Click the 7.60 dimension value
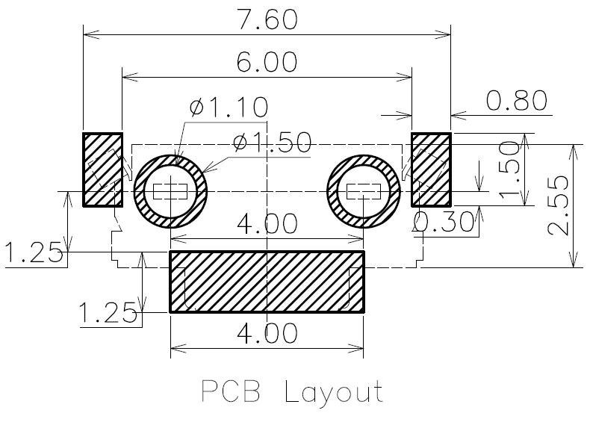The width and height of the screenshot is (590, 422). [267, 19]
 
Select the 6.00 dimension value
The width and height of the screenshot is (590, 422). [267, 62]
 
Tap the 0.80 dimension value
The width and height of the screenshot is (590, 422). [517, 101]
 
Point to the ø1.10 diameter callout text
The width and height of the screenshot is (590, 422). [229, 107]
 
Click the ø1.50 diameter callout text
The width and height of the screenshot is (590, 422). [272, 143]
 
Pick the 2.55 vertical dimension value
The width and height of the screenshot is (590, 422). [559, 205]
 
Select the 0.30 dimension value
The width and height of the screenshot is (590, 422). [444, 221]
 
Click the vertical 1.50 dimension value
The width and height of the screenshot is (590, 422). [509, 170]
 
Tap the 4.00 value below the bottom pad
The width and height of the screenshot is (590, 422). [267, 333]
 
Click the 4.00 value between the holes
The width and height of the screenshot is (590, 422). [267, 223]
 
